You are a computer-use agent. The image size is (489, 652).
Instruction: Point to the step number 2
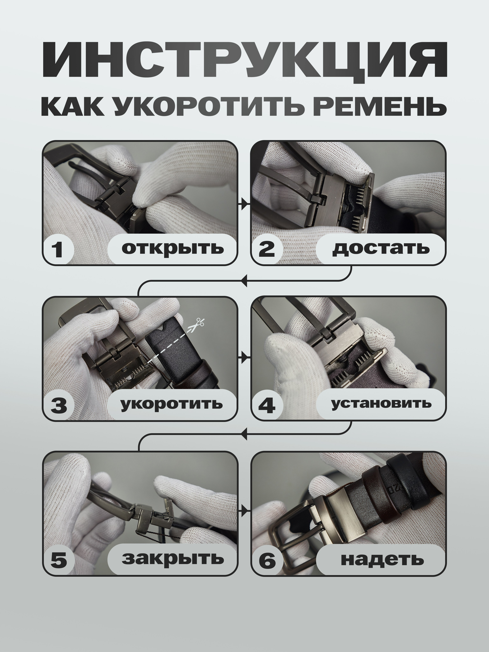267,249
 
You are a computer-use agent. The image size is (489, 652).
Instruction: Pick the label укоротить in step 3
172,403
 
